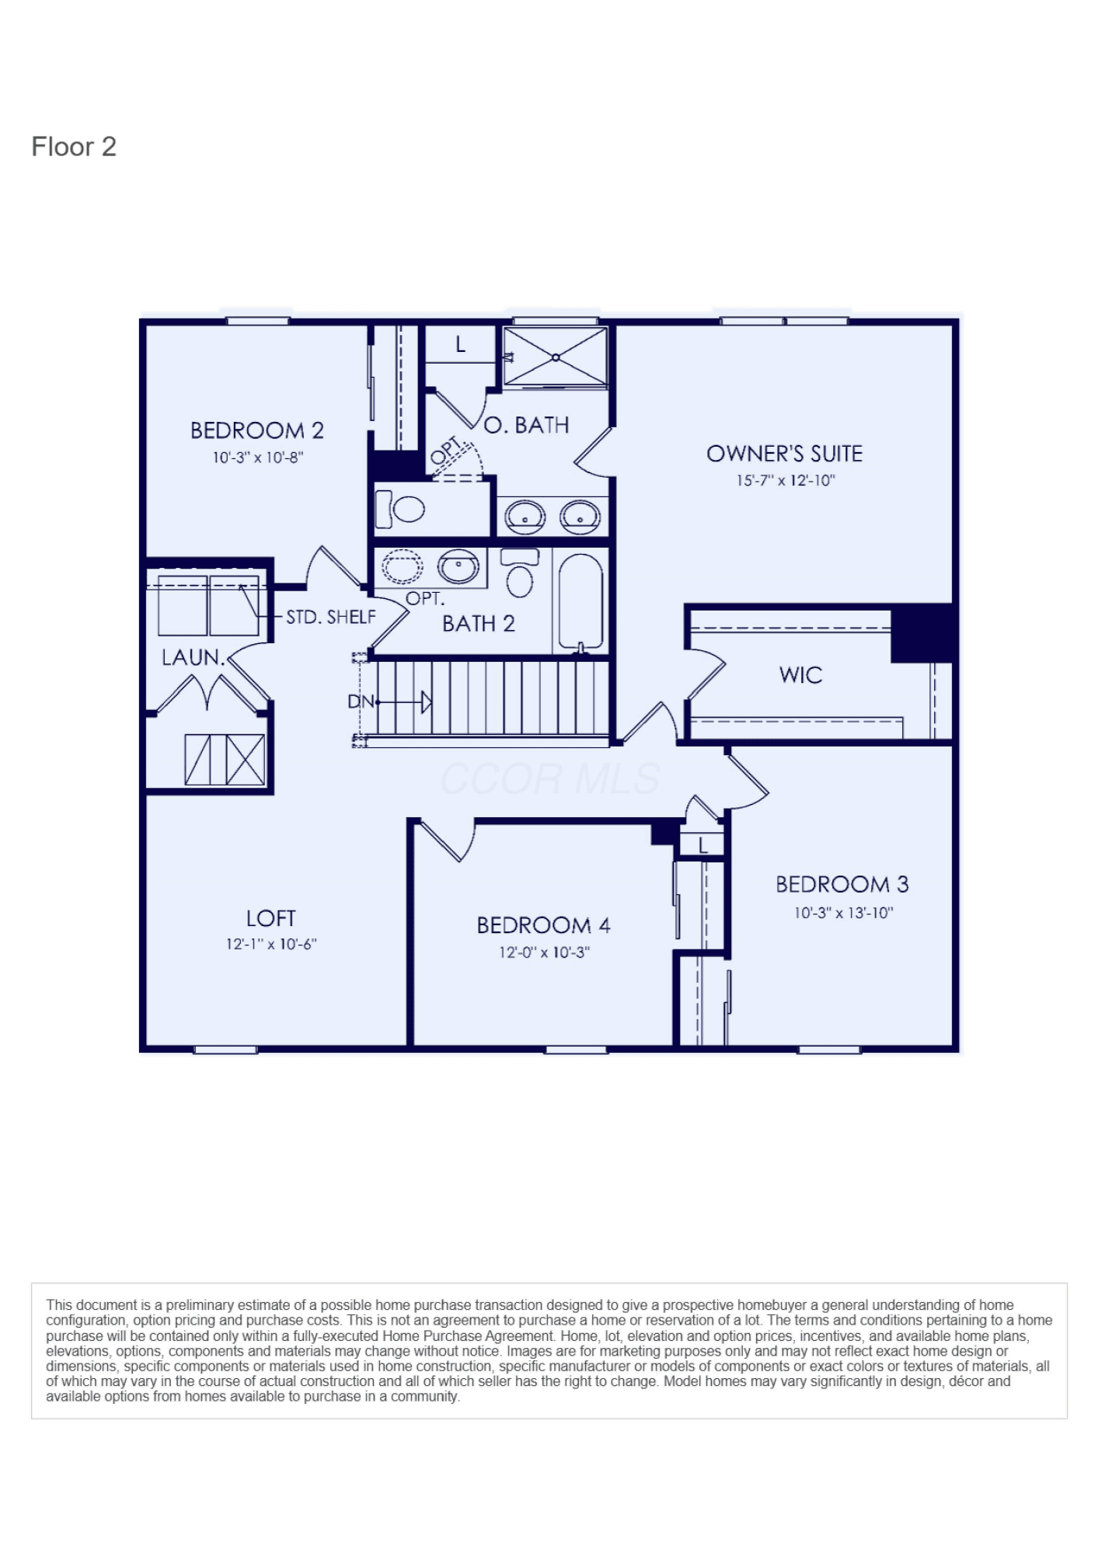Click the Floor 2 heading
(x=74, y=147)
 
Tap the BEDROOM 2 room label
(x=257, y=430)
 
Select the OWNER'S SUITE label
(x=785, y=454)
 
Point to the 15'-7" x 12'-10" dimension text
(x=786, y=481)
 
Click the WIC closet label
(x=801, y=674)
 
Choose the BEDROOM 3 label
(x=842, y=884)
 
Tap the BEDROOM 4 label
(x=544, y=925)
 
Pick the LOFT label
(x=271, y=918)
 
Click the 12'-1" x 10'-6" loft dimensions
(x=272, y=945)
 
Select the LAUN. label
(x=193, y=657)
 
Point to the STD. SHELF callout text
(x=331, y=617)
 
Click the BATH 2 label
(x=479, y=624)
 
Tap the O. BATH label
(x=527, y=425)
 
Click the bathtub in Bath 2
(x=581, y=602)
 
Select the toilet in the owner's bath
(x=400, y=509)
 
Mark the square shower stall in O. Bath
(x=556, y=357)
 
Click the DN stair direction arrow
(x=404, y=702)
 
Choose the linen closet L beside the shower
(x=461, y=344)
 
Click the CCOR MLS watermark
(x=550, y=778)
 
